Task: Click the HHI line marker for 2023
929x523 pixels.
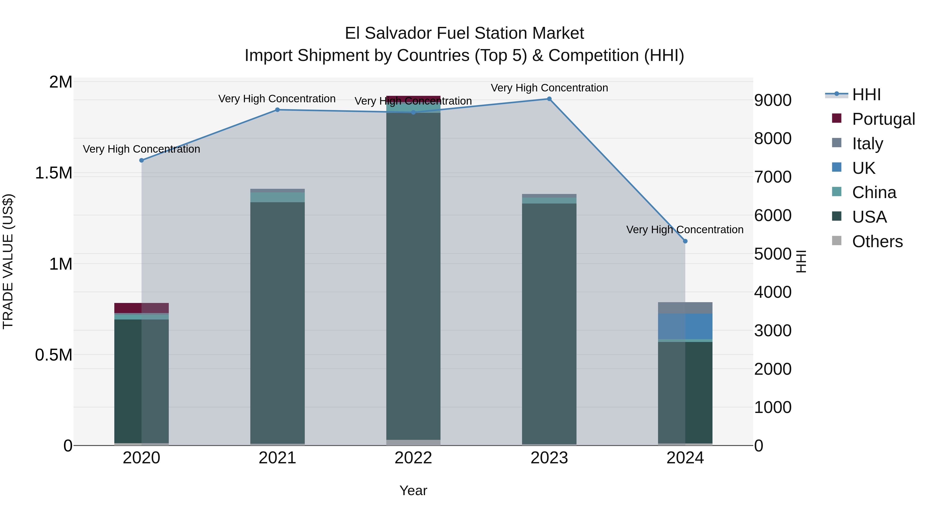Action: point(549,99)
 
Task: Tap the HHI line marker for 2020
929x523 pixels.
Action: point(141,160)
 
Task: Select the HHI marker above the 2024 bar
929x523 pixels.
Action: point(685,241)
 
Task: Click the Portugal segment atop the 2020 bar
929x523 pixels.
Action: point(141,308)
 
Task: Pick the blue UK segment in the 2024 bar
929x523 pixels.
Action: point(685,326)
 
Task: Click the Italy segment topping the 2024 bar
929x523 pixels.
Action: point(685,308)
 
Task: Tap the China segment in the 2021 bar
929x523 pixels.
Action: point(277,197)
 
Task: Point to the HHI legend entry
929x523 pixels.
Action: point(866,95)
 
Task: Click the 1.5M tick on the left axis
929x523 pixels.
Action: point(53,173)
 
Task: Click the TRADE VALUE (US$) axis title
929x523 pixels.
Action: point(8,261)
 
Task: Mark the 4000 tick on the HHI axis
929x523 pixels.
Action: point(772,292)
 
